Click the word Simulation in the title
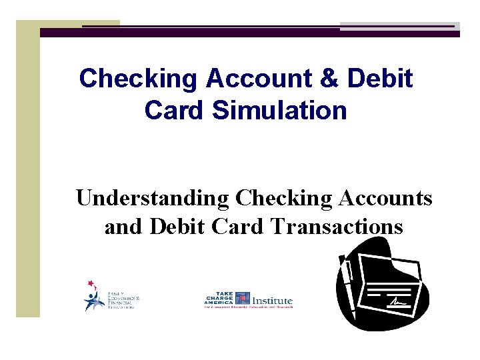click(279, 111)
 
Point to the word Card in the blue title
click(174, 111)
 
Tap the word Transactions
click(337, 227)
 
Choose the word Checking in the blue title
click(138, 79)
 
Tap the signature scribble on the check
click(398, 301)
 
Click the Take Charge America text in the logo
click(219, 298)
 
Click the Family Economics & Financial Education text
click(123, 301)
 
